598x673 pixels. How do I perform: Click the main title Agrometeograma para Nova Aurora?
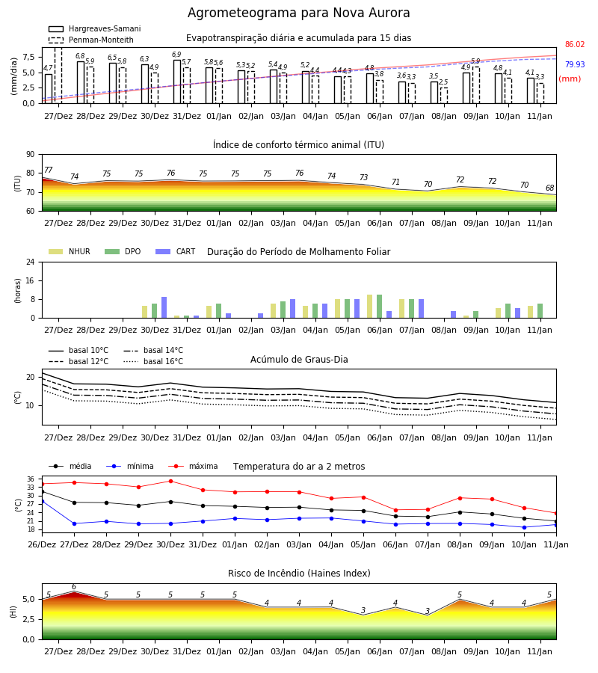(298, 13)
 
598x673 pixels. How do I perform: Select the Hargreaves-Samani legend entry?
(94, 28)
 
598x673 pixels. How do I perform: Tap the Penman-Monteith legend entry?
(91, 40)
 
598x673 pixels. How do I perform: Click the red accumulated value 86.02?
(575, 44)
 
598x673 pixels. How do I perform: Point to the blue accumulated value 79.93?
(575, 64)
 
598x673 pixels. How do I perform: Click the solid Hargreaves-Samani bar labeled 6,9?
(176, 82)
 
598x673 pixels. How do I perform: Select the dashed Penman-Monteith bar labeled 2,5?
(443, 96)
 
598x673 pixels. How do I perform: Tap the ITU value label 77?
(49, 170)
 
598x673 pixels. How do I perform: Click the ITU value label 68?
(550, 188)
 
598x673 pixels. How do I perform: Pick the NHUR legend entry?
(70, 251)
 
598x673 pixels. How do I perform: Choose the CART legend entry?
(176, 251)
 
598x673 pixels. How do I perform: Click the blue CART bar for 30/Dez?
(164, 307)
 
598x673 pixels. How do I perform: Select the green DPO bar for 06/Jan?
(379, 307)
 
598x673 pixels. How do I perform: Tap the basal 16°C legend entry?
(153, 361)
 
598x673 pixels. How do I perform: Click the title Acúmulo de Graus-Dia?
(299, 360)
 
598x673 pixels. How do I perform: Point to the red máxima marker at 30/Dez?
(170, 481)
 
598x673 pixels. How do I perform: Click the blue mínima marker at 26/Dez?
(42, 501)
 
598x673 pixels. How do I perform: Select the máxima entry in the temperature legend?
(194, 466)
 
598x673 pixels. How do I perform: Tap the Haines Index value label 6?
(74, 587)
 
